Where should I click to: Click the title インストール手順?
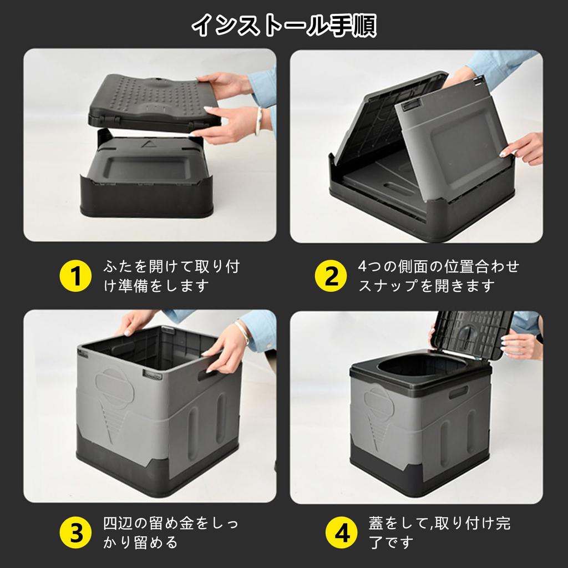284,26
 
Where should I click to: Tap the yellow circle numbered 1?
75,276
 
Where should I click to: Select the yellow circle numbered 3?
75,532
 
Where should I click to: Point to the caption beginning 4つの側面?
438,276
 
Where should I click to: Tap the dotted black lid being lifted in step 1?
150,103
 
